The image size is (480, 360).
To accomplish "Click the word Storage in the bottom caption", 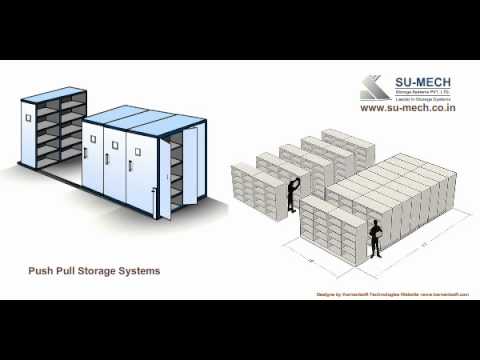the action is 102,271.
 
